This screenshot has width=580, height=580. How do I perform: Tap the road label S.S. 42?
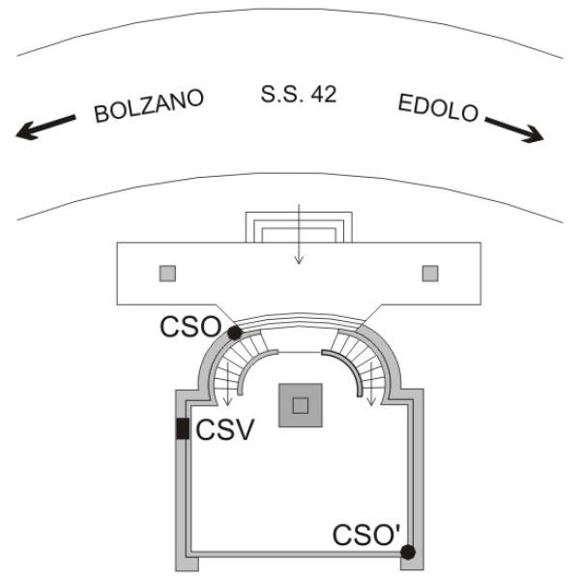click(x=299, y=96)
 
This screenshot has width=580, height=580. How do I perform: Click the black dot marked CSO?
click(x=234, y=333)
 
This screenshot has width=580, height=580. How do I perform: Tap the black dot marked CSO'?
click(x=408, y=551)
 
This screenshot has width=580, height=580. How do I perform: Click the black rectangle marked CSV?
click(x=182, y=427)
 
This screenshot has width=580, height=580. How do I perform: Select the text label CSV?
click(x=225, y=429)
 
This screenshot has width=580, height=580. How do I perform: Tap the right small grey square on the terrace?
click(x=430, y=273)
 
